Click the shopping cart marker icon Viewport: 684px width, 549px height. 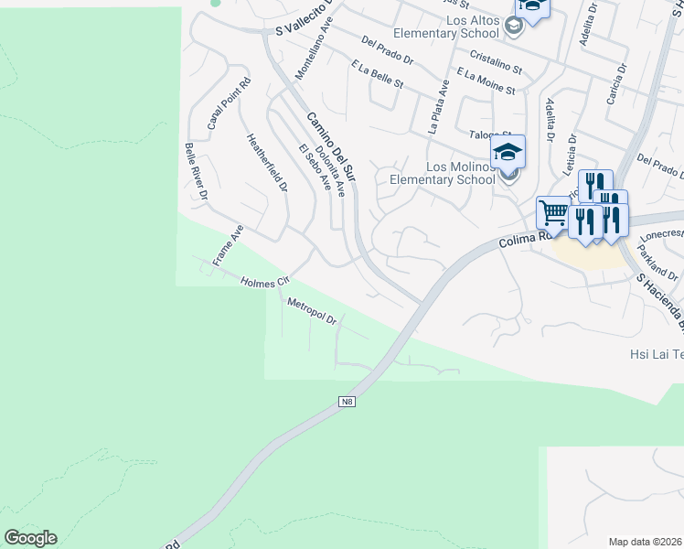click(x=553, y=213)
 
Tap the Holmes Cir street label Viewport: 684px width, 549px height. click(x=264, y=283)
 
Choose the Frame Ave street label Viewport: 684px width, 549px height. click(x=228, y=245)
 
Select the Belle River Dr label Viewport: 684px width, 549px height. click(x=197, y=171)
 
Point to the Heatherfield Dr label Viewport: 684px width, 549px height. click(x=267, y=163)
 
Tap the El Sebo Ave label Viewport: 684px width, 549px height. click(x=314, y=167)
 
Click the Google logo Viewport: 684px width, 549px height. click(x=30, y=538)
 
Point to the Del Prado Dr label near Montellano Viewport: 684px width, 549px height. click(x=389, y=51)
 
